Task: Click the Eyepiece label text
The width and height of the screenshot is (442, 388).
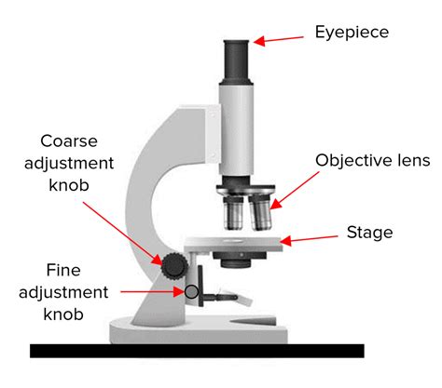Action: click(351, 33)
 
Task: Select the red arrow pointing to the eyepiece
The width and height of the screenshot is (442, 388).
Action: click(279, 39)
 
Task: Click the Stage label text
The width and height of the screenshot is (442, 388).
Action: click(369, 232)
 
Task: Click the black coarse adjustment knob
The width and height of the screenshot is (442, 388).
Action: click(173, 266)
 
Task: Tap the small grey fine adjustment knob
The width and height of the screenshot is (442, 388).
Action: click(191, 292)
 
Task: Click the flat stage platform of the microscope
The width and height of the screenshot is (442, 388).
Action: click(233, 246)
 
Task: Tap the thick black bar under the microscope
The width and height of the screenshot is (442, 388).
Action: click(197, 351)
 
